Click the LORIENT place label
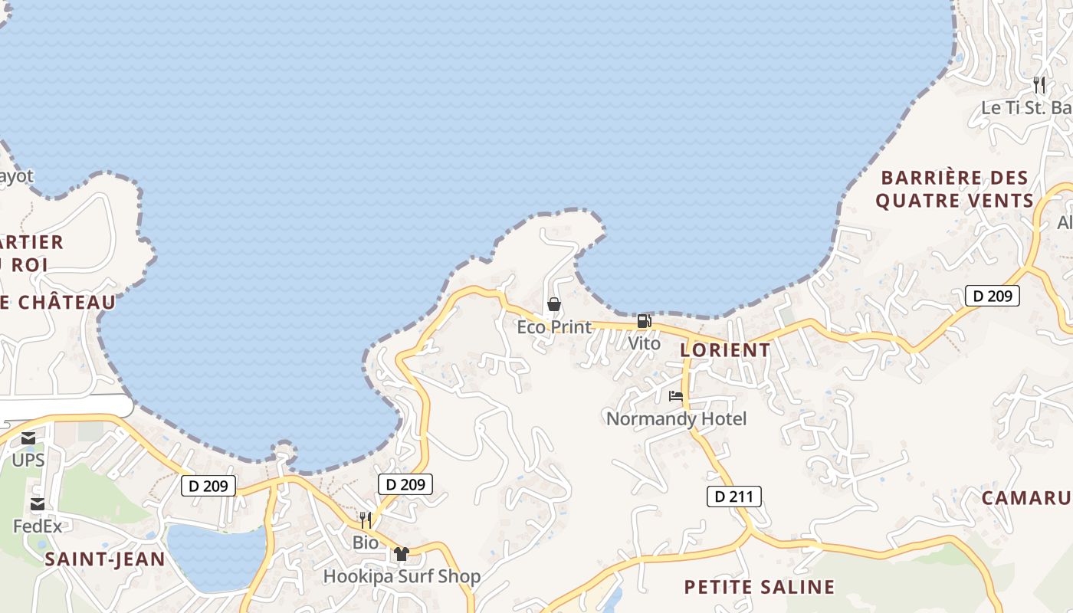coord(725,350)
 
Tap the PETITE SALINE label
coord(759,588)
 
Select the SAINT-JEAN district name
coord(105,559)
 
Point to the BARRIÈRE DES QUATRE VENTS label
coord(955,189)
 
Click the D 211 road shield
coord(734,497)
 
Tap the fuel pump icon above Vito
coord(644,321)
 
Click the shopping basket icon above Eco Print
coord(554,305)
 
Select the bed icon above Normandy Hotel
coord(676,396)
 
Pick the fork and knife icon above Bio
coord(366,520)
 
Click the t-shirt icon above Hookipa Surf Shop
coord(402,554)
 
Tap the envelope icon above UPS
coord(28,438)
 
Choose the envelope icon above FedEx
coord(37,504)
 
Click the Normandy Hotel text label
coord(676,419)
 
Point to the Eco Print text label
coord(554,327)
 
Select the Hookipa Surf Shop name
coord(402,576)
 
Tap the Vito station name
coord(644,343)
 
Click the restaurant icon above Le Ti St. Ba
coord(1039,85)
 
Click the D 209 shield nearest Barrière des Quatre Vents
coord(992,296)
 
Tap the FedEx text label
coord(38,526)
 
